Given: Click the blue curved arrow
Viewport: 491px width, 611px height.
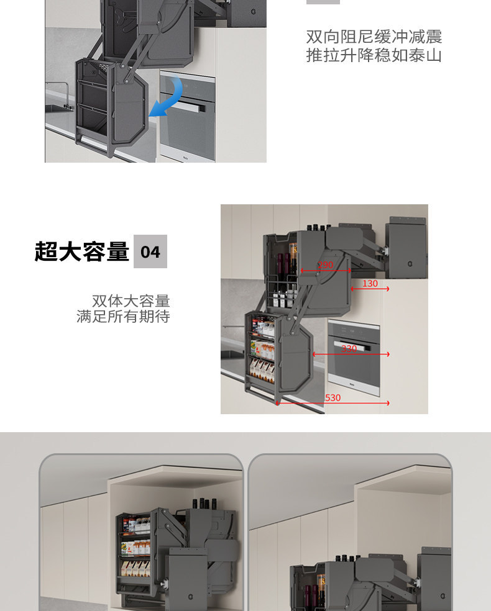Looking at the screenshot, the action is (172, 97).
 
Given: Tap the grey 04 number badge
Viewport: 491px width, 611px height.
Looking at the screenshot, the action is (150, 251).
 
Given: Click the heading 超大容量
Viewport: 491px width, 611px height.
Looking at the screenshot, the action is (82, 251).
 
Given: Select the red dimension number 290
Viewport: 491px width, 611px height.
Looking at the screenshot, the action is (325, 265).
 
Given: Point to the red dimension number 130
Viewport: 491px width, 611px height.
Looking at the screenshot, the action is (370, 284).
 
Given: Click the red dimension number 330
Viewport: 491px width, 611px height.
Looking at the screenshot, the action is (349, 348).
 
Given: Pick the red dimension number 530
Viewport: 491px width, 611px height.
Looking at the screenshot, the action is (333, 397).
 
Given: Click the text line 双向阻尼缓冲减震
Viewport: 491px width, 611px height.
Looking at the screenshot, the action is (374, 37).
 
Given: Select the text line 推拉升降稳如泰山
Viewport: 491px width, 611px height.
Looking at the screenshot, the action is (374, 55).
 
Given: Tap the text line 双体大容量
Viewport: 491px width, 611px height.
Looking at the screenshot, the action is (131, 301).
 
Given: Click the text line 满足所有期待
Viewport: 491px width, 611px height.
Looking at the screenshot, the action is (123, 317).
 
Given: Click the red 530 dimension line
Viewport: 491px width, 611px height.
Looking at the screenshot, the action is (333, 404).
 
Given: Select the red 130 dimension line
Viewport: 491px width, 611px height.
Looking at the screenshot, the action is (370, 289).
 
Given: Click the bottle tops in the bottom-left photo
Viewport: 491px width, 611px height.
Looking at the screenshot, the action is (204, 503).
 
